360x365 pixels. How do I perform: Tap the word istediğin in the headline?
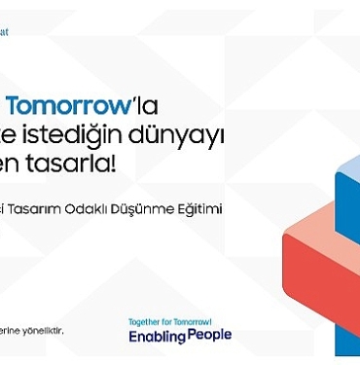[85, 134]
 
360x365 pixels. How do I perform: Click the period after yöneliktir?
[64, 332]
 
